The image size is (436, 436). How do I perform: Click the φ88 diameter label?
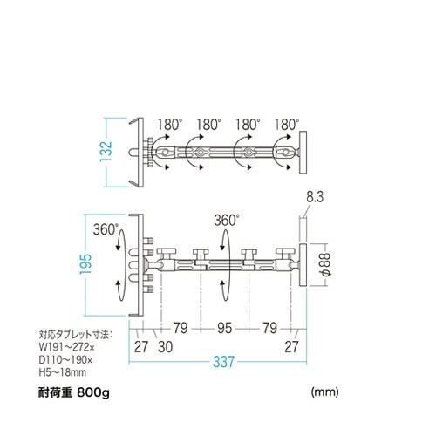tap(324, 263)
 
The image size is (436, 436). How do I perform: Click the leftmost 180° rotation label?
tap(169, 125)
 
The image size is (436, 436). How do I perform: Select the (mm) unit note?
tap(324, 392)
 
